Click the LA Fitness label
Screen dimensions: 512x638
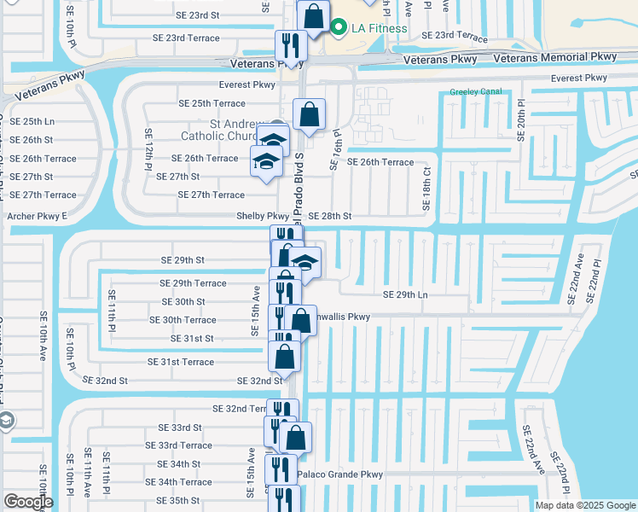pyautogui.click(x=378, y=29)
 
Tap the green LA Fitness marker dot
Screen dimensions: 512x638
pyautogui.click(x=339, y=28)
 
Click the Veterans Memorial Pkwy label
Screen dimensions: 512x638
pyautogui.click(x=554, y=57)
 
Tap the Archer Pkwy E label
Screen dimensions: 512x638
pyautogui.click(x=37, y=217)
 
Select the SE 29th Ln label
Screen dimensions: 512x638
pyautogui.click(x=405, y=294)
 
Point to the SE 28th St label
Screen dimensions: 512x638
pyautogui.click(x=329, y=217)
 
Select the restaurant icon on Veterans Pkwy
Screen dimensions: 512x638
pyautogui.click(x=291, y=45)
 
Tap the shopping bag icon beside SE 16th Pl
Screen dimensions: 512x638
pyautogui.click(x=309, y=113)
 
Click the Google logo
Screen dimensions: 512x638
pyautogui.click(x=28, y=502)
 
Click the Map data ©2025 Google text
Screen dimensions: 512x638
pyautogui.click(x=584, y=505)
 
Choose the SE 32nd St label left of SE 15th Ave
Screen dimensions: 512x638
pyautogui.click(x=105, y=381)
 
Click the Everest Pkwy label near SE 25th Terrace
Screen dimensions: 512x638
pyautogui.click(x=246, y=85)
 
